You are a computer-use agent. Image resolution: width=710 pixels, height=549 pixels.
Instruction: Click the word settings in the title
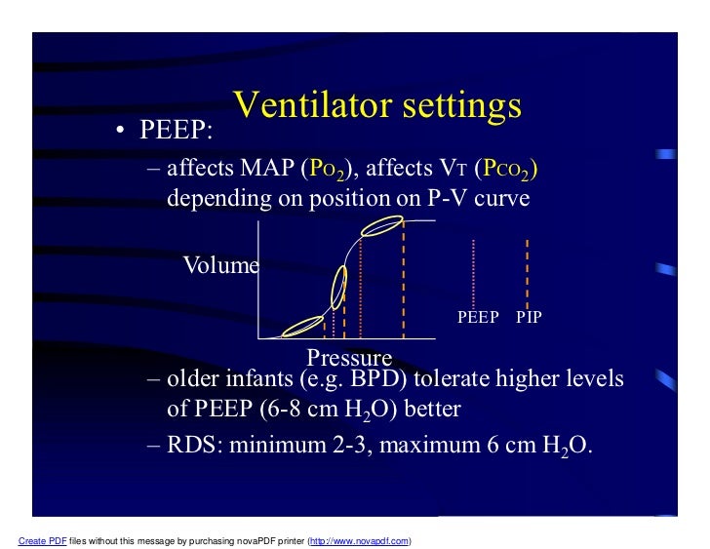click(454, 106)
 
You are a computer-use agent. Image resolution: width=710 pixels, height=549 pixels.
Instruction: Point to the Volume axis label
click(221, 265)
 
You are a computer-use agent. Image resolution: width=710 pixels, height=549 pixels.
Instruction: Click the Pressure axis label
click(349, 357)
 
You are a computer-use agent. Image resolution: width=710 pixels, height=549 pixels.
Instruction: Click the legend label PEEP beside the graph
click(478, 317)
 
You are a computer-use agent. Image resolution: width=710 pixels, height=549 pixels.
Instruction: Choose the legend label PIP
click(529, 317)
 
